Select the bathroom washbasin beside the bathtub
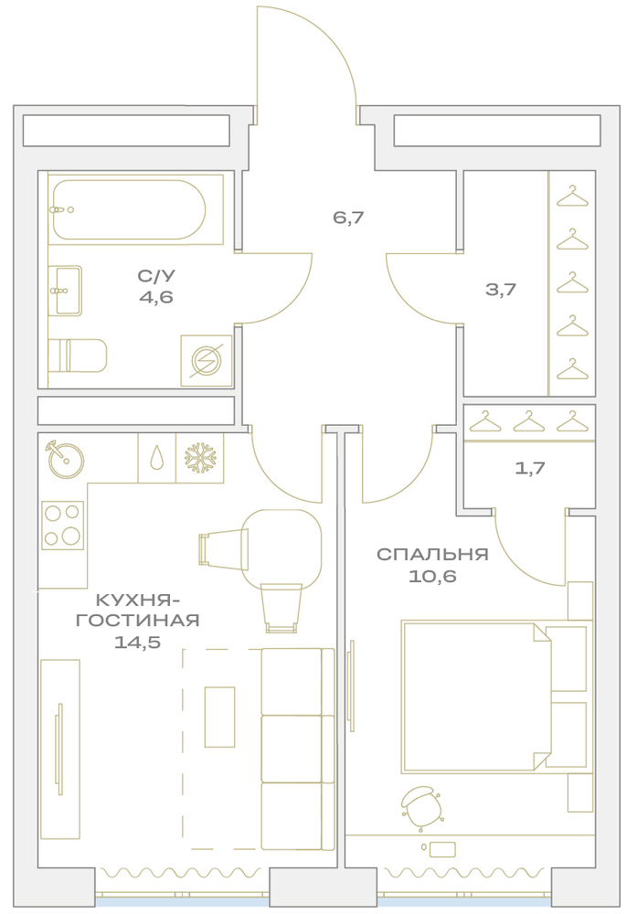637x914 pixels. point(65,291)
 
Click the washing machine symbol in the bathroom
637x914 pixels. point(207,361)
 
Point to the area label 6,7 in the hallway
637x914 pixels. point(348,218)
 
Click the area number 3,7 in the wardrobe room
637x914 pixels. point(501,289)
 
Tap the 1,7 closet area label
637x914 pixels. point(530,468)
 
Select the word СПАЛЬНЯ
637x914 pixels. point(432,554)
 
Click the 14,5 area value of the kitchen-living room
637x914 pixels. point(137,643)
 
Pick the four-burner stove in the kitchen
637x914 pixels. point(62,526)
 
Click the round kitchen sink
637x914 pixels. point(65,460)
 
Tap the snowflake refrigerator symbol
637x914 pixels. point(200,458)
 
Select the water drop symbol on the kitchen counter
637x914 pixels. point(157,458)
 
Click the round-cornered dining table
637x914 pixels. point(282,548)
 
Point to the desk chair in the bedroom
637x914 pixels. point(421,807)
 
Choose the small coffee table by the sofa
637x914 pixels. point(219,717)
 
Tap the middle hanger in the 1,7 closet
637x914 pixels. point(528,421)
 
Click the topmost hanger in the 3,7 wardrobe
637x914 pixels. point(572,196)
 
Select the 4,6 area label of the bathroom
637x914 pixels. point(156,297)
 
